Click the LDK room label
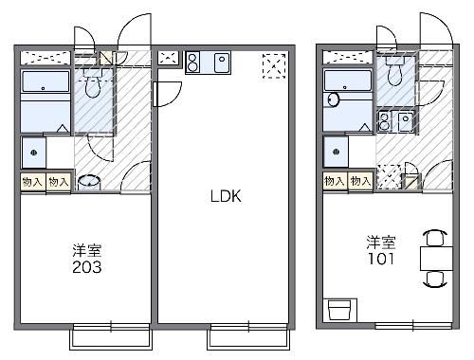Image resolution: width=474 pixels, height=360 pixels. point(226,197)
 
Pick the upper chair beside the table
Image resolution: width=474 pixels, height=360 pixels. point(435,236)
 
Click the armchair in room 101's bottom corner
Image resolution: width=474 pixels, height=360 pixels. point(338,310)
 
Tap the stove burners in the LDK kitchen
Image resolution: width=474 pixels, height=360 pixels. point(193,63)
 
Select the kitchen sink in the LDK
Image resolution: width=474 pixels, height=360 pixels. point(222,63)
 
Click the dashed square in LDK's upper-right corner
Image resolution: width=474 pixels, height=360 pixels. point(275,63)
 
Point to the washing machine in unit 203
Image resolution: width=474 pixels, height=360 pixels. point(33,152)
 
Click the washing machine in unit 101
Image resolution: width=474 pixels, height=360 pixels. point(333,150)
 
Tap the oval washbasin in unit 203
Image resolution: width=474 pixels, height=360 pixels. point(88,181)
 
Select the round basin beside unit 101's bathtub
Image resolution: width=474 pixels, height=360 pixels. point(333,99)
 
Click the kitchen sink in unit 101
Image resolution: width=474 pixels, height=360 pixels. point(405,122)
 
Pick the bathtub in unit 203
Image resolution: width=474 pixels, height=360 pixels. point(45,99)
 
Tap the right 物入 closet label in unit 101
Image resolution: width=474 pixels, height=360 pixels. point(360,180)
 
